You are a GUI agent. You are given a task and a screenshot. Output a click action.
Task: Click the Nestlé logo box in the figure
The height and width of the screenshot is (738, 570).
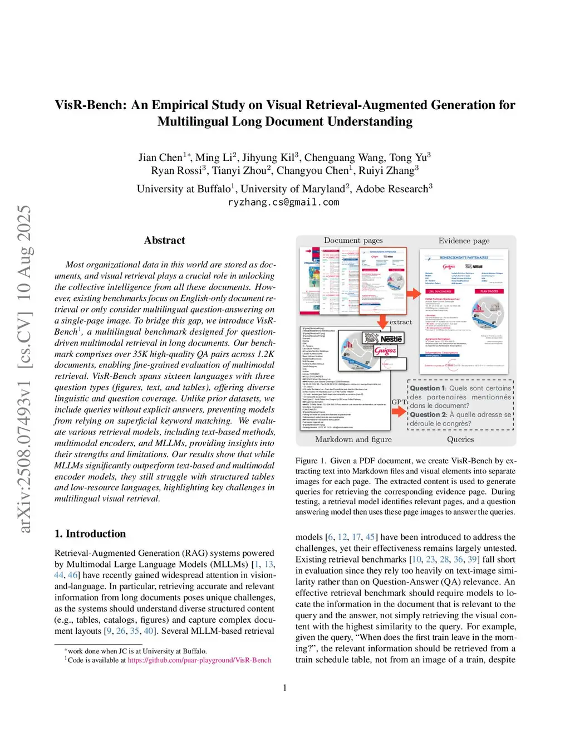[x=391, y=339]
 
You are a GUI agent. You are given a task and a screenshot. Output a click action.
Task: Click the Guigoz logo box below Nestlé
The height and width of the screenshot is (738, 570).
[x=385, y=351]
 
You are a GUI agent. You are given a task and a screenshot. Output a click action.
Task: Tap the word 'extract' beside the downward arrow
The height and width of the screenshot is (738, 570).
[x=401, y=322]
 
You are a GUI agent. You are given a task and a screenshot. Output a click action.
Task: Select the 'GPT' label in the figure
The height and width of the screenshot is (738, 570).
[x=399, y=402]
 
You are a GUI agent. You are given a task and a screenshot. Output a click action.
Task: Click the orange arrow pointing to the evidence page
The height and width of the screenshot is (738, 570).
[x=413, y=293]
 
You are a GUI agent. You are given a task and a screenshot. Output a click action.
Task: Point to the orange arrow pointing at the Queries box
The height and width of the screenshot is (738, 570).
[x=399, y=412]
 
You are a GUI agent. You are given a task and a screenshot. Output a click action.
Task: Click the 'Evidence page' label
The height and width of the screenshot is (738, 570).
[x=464, y=241]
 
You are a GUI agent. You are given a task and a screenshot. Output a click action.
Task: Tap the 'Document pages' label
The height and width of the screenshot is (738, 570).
[x=353, y=241]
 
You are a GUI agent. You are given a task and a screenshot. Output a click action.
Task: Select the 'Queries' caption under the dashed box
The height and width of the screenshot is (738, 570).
[x=460, y=439]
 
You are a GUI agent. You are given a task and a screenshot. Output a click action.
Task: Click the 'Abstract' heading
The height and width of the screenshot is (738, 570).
[x=164, y=240]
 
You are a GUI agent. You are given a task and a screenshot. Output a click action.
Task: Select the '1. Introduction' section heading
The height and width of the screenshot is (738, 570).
[x=90, y=534]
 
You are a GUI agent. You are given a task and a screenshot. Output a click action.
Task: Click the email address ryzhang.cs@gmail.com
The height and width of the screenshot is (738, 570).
[x=283, y=202]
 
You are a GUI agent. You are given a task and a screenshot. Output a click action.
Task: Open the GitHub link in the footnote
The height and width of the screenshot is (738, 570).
[x=199, y=660]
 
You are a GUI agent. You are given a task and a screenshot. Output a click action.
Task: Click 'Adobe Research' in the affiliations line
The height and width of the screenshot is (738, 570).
[x=391, y=189]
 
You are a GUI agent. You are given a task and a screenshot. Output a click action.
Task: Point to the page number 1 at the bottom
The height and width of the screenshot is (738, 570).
[x=285, y=688]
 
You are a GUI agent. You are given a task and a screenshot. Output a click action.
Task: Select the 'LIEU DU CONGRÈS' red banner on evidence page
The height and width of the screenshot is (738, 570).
[x=440, y=291]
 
